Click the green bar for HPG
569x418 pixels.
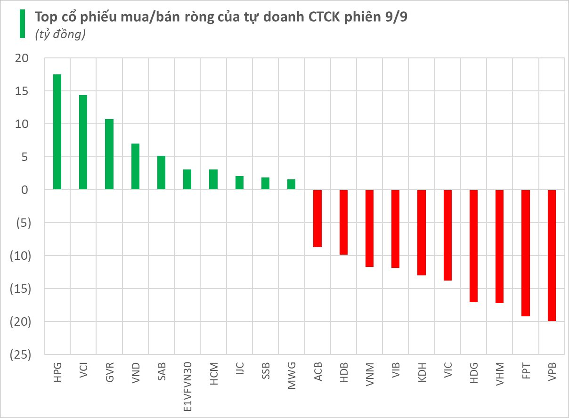coord(57,132)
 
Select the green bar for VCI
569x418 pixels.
coord(83,142)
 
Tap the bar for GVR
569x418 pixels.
coord(109,154)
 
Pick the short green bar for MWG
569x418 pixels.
coord(291,185)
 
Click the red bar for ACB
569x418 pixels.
coord(317,218)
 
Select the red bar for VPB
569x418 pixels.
coord(552,255)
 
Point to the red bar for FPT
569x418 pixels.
coord(526,253)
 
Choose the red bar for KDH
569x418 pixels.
coord(422,233)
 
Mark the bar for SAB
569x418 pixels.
coord(161,173)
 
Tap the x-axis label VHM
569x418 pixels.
coord(500,373)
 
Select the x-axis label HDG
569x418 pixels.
coord(474,373)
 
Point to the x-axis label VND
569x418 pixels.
coord(136,373)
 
